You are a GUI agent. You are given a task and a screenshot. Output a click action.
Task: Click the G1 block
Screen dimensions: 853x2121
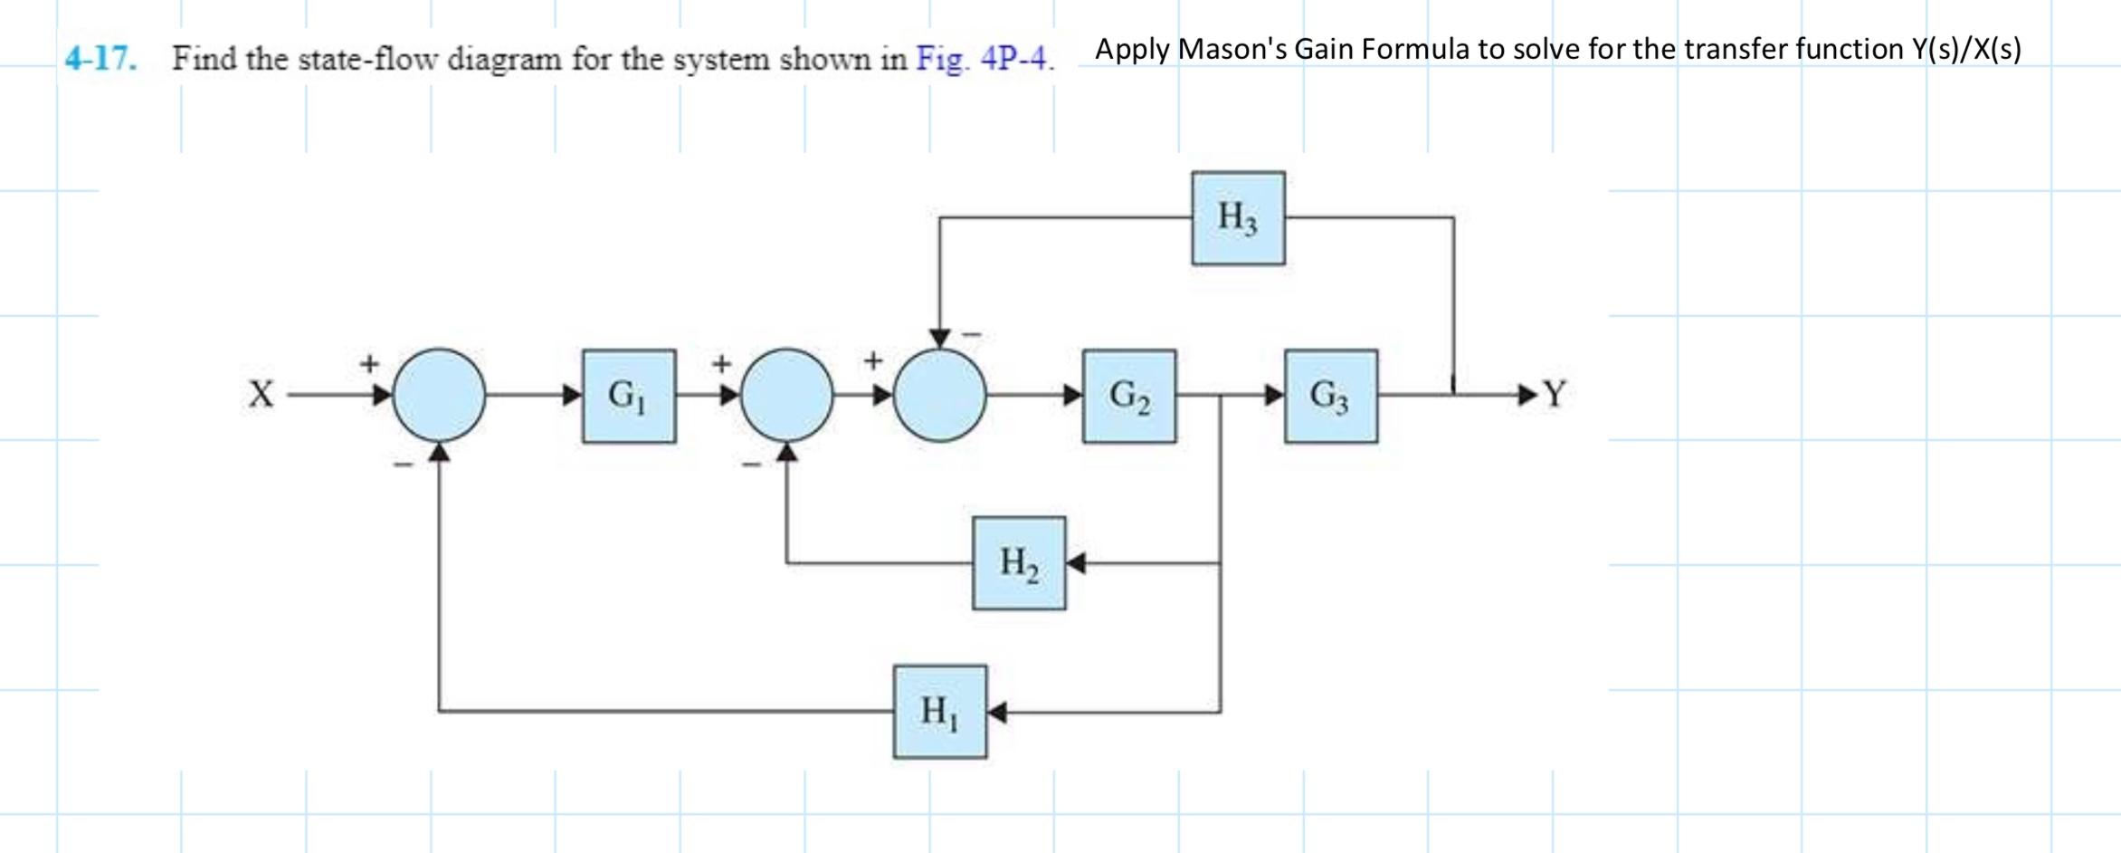(629, 396)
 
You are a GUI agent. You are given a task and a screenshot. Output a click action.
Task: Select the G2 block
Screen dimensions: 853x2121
(1129, 396)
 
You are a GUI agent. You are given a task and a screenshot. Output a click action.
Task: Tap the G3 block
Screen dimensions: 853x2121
(1331, 396)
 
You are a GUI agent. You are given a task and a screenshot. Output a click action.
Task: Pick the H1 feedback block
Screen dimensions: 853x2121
(940, 712)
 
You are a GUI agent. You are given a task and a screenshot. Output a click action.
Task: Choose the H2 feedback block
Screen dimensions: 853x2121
(1019, 563)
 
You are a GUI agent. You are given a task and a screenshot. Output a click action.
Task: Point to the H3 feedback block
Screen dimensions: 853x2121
(1238, 218)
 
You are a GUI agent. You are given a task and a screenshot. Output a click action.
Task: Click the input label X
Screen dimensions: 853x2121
(261, 395)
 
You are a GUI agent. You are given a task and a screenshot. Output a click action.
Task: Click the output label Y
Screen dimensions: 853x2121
(1554, 394)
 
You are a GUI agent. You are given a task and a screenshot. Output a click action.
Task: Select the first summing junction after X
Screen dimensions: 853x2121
(439, 395)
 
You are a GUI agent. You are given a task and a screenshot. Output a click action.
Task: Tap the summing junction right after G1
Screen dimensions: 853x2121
(787, 395)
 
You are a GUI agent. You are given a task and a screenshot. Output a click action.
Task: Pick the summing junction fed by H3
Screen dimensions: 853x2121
(940, 395)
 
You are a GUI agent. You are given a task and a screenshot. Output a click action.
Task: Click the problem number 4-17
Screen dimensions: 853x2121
(101, 59)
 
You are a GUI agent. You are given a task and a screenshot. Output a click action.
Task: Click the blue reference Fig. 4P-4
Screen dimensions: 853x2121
(984, 59)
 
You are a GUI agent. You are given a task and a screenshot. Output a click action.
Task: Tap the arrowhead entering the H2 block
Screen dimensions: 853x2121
(1076, 563)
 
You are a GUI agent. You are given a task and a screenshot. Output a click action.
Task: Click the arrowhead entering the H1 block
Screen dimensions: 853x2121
(996, 712)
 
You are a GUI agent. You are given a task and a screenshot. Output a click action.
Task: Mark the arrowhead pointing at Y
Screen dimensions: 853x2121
(1528, 394)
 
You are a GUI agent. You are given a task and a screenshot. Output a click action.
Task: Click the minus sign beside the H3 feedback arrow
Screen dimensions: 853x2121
(971, 334)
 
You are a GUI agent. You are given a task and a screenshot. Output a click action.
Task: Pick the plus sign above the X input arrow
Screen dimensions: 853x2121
(368, 364)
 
